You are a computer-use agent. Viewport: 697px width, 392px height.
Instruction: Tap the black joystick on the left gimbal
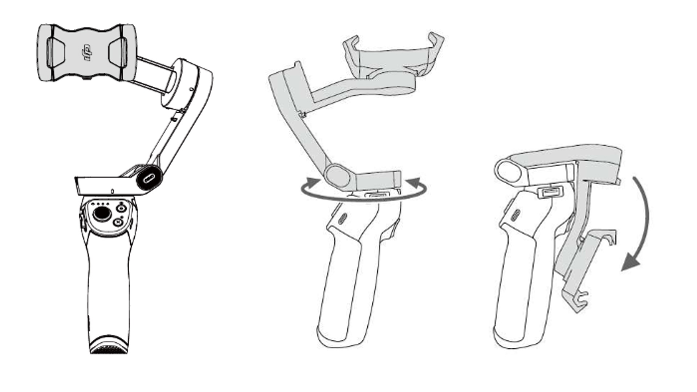100,215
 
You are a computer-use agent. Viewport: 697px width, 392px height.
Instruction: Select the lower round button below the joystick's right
118,222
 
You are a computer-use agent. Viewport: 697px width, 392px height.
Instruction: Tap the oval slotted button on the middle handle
342,219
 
